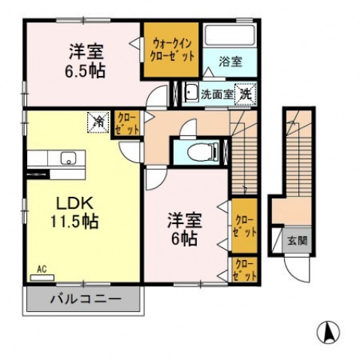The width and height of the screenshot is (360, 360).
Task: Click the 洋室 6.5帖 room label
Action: [x=87, y=61]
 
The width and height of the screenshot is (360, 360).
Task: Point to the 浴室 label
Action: [x=230, y=62]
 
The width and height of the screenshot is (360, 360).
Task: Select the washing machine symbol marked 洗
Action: [x=244, y=94]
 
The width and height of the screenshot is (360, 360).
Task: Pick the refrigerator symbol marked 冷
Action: [x=98, y=120]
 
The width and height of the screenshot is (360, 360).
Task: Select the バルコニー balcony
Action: [x=85, y=300]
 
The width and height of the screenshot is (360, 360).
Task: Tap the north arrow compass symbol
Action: [x=328, y=330]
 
